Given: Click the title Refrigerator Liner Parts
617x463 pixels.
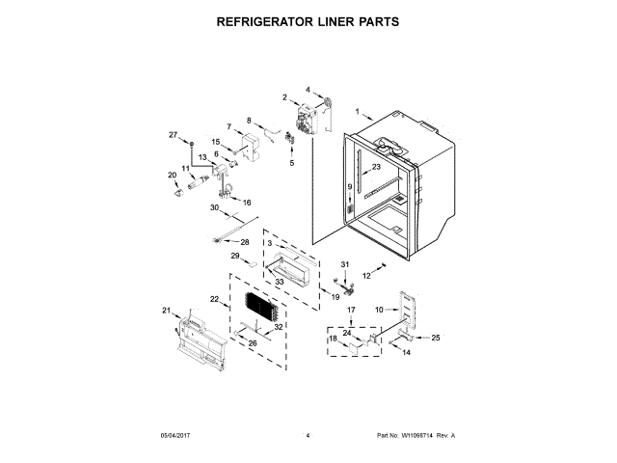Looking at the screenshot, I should [308, 20].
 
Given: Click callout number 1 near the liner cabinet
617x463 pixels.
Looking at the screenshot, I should [357, 112].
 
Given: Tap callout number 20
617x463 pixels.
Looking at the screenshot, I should [173, 175].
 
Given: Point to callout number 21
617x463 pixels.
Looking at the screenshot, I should [165, 310].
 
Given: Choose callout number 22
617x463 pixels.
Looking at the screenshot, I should [214, 302].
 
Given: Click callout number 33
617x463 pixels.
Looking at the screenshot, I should [279, 282].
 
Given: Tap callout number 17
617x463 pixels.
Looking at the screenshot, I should [351, 310].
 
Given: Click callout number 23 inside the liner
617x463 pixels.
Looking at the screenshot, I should [377, 167].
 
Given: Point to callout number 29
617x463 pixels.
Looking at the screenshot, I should [234, 256].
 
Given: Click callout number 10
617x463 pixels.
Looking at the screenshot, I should [379, 309].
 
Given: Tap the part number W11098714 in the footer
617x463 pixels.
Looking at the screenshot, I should [415, 436].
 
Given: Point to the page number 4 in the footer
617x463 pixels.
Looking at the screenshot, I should [308, 436].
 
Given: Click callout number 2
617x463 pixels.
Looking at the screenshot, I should [284, 96].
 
